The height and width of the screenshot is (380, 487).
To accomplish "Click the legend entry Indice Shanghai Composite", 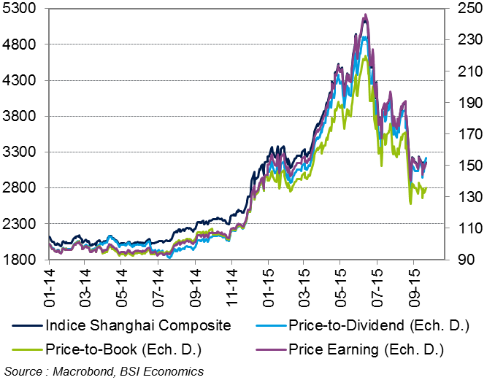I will (x=128, y=325).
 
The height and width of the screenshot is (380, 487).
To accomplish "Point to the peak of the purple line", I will (x=365, y=15).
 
